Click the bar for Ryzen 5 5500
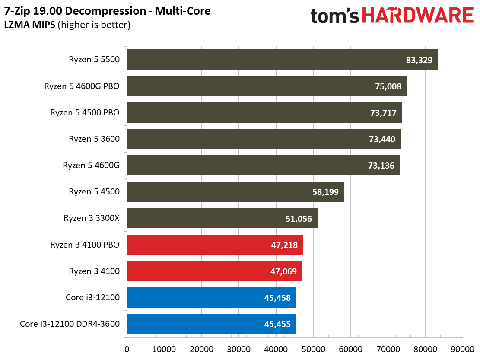pos(282,60)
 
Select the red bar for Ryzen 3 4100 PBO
pos(215,245)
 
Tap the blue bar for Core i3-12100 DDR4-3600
pos(211,324)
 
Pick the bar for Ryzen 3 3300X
pos(222,218)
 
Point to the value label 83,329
pos(419,60)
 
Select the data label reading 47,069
pos(283,271)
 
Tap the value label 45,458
pos(277,298)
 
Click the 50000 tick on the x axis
pos(313,349)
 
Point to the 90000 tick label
pos(463,349)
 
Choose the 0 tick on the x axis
pos(127,349)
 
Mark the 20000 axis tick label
pos(201,349)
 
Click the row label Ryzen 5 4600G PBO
pos(82,86)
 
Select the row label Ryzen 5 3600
pos(94,139)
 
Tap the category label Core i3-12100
pos(92,298)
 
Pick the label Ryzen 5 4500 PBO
pos(85,113)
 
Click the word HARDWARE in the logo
pos(417,16)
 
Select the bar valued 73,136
pos(263,166)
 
